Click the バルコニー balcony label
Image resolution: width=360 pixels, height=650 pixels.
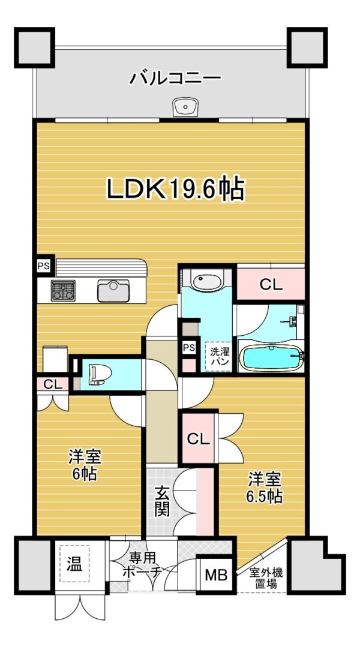coord(174,78)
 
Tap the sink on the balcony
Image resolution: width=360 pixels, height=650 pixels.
coord(185,108)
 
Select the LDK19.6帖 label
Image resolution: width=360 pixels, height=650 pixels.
coord(175,189)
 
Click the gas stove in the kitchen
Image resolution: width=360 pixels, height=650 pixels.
coord(63,290)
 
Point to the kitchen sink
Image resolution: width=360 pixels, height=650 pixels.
coord(113,290)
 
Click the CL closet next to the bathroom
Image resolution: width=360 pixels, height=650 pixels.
coord(271,284)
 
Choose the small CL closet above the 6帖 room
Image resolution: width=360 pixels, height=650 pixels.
coord(53,384)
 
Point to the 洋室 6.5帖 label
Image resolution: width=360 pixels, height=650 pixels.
coord(265,488)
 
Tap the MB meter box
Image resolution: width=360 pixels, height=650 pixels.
coord(217,575)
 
